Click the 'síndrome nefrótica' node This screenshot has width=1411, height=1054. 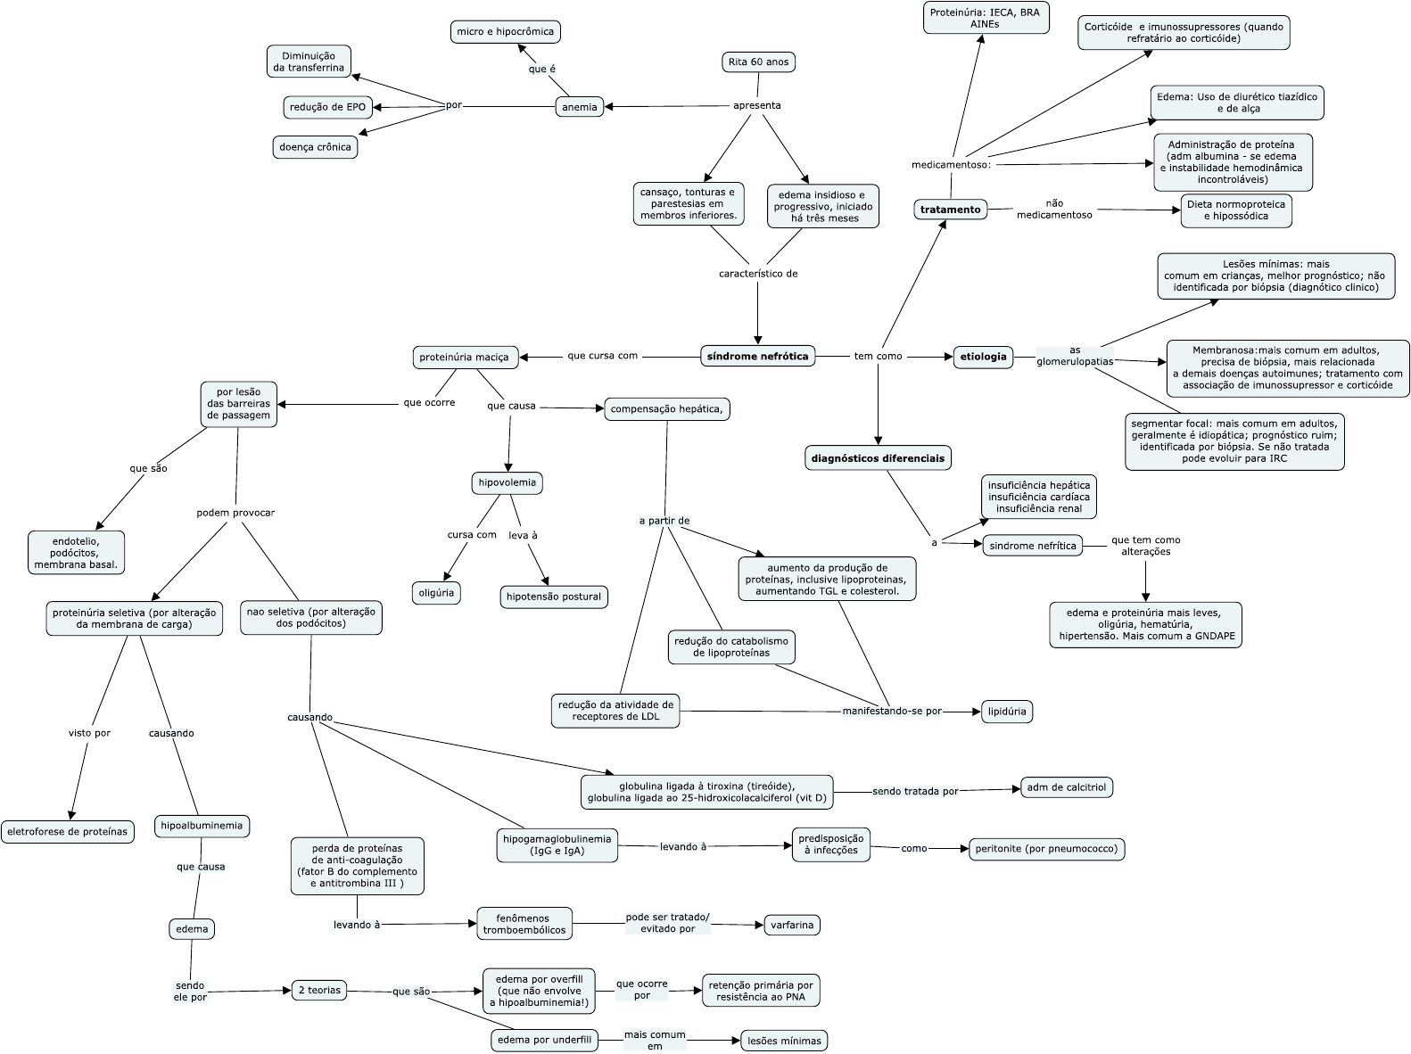(757, 356)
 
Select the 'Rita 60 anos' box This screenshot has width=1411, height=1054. (758, 62)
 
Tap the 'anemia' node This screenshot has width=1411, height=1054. (579, 107)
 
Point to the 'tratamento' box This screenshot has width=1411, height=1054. (950, 210)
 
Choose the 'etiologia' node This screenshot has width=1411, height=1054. (983, 357)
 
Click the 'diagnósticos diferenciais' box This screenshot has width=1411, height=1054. (878, 458)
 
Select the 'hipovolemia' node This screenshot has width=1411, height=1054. (507, 482)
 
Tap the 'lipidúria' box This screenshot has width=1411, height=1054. (1007, 712)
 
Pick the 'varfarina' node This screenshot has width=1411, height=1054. (792, 925)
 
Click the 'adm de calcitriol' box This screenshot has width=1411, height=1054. (1067, 787)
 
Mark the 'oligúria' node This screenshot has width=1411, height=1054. (436, 593)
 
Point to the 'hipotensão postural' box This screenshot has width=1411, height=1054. (554, 597)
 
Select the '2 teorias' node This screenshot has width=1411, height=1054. (319, 991)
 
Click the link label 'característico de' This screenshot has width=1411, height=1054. (758, 273)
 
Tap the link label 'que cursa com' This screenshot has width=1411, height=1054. (602, 356)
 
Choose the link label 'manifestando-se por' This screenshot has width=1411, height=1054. (892, 711)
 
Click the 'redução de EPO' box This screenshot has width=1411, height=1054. (328, 107)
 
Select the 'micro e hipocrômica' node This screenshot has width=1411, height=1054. (505, 31)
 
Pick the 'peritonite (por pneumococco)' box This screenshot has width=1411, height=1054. (1046, 849)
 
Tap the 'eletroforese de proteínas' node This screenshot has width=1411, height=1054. (68, 832)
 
